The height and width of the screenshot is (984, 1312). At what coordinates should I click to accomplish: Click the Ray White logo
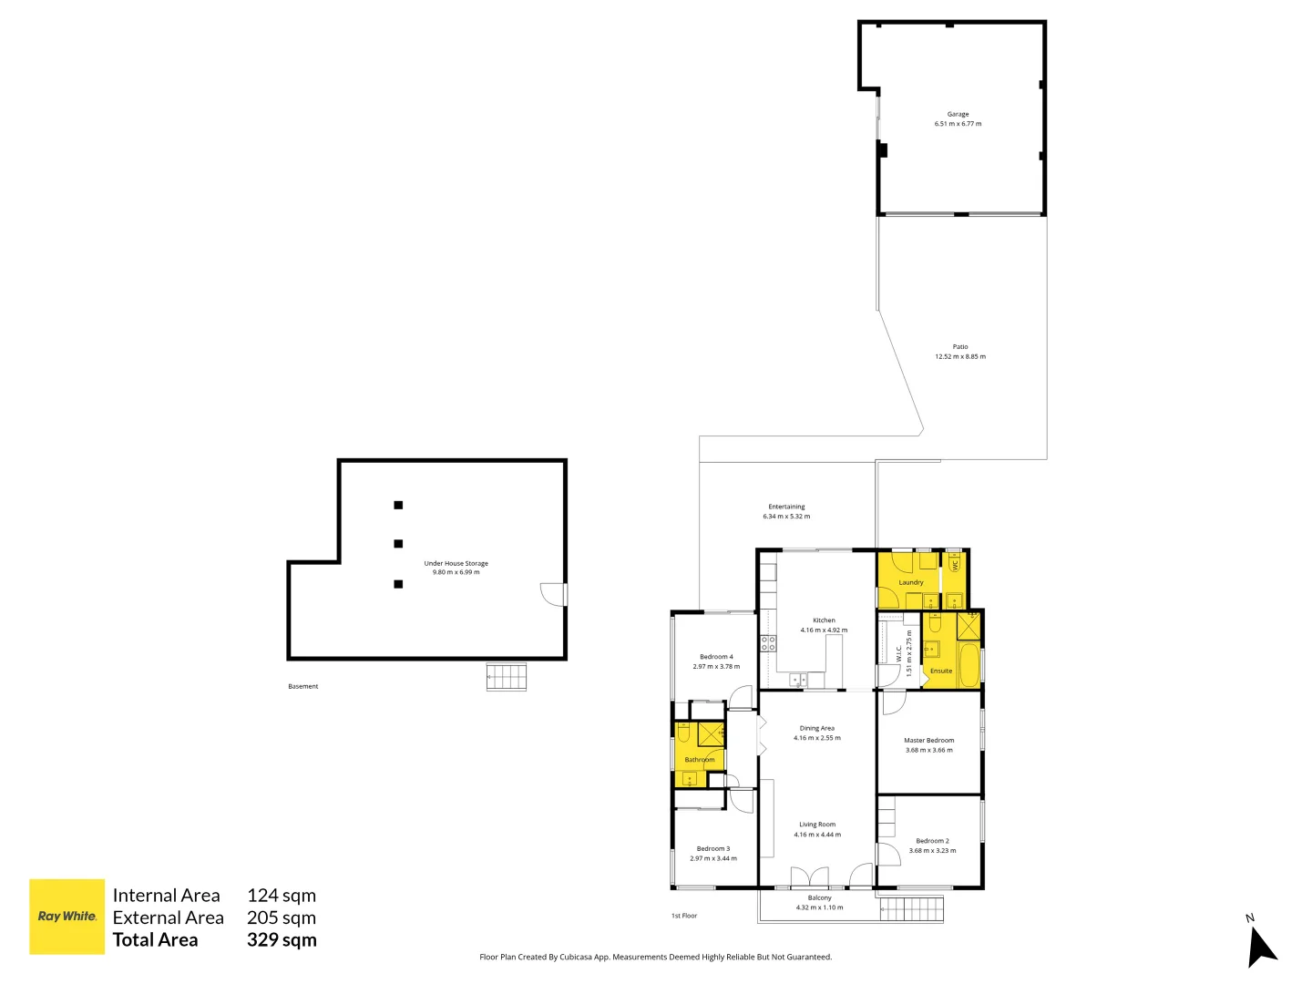click(67, 916)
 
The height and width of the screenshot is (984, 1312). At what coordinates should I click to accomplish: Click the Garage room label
click(958, 114)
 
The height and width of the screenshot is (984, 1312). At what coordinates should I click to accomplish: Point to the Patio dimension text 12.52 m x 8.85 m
click(960, 356)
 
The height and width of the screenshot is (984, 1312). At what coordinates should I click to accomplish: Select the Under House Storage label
click(456, 563)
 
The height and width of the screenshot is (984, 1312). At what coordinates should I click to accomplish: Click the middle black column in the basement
click(398, 544)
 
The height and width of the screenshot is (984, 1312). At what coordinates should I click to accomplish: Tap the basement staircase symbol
click(507, 677)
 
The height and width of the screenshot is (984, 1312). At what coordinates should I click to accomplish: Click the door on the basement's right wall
click(554, 594)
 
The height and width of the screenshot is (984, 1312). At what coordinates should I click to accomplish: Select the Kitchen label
click(824, 620)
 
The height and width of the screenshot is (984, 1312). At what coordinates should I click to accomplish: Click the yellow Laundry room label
click(911, 582)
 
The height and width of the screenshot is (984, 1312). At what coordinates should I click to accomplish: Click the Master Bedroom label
click(928, 740)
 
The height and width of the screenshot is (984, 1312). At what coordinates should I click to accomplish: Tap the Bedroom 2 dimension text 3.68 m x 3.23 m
click(932, 851)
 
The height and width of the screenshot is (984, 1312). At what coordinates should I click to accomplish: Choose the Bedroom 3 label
click(713, 849)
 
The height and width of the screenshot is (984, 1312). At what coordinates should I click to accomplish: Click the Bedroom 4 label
click(716, 657)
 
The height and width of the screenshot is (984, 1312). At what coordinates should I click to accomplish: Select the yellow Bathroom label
click(700, 760)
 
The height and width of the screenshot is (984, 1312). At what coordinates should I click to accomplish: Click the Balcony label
click(819, 898)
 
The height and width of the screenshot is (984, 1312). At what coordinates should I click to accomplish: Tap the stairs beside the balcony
click(911, 909)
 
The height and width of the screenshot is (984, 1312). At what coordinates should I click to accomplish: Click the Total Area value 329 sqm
click(282, 939)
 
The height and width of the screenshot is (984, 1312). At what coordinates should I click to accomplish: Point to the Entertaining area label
click(786, 507)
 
